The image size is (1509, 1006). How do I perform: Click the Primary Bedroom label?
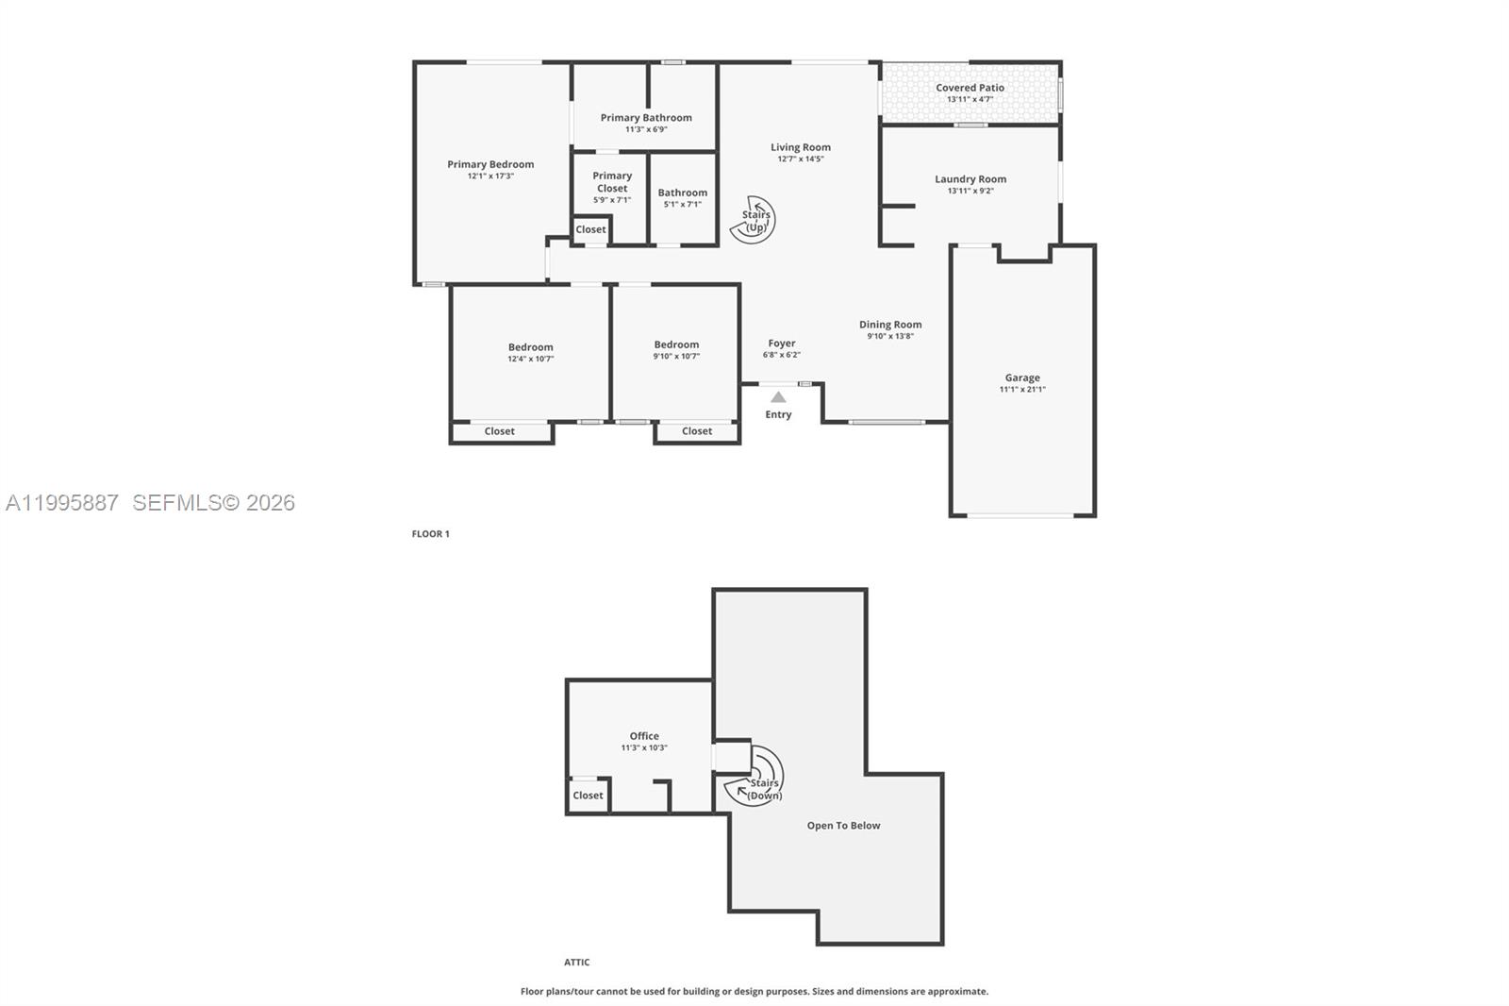click(490, 164)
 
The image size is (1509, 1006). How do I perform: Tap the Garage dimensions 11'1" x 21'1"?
click(1022, 389)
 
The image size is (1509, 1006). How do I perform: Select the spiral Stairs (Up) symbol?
click(753, 221)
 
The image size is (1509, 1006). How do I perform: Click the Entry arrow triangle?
click(778, 397)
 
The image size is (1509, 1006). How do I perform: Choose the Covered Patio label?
click(970, 88)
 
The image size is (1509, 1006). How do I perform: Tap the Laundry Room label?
click(970, 179)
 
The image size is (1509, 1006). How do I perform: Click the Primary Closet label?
click(612, 181)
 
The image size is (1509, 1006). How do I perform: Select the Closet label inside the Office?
click(588, 795)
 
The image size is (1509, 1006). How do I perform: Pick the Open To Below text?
click(843, 826)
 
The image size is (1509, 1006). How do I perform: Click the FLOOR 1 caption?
click(430, 534)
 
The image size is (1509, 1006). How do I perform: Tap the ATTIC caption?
click(577, 963)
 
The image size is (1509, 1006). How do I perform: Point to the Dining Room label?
click(890, 325)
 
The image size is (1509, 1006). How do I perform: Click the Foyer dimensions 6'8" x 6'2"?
click(781, 355)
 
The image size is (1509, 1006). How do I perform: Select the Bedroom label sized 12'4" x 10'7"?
click(530, 347)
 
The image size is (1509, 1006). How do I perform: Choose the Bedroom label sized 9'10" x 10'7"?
click(676, 344)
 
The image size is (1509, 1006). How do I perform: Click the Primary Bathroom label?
click(646, 118)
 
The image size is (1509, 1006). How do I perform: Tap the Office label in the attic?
click(644, 736)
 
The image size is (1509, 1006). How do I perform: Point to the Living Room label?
click(801, 147)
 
